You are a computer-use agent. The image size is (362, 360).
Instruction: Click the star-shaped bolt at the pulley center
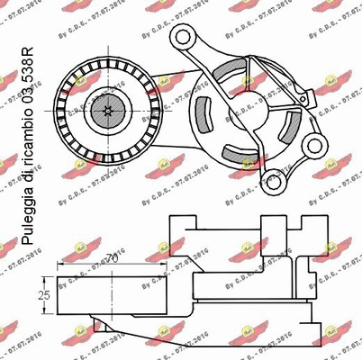(108, 112)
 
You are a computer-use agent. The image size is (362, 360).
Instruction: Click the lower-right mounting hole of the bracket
(312, 145)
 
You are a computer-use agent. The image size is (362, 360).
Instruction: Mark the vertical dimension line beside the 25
(50, 293)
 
